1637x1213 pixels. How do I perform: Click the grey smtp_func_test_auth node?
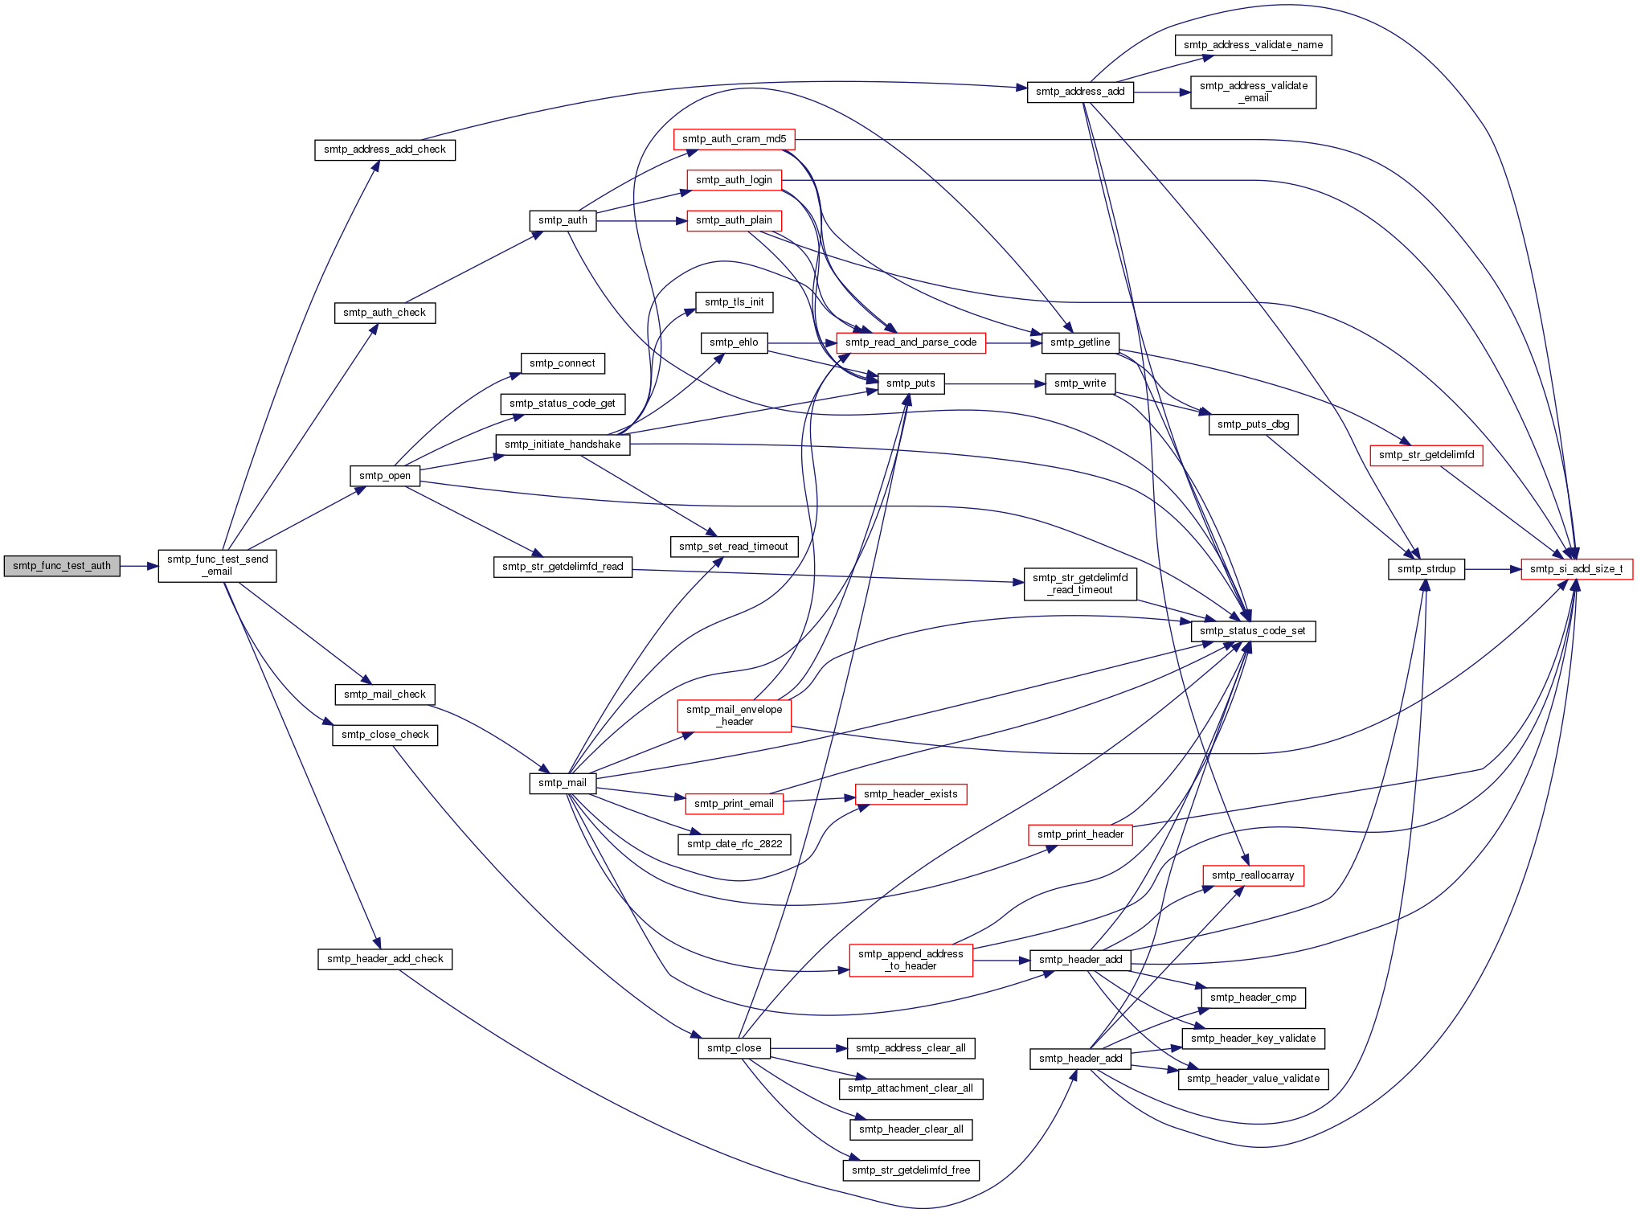(62, 566)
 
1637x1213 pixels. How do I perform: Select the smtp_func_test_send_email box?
(217, 566)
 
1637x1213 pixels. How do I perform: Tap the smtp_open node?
(385, 476)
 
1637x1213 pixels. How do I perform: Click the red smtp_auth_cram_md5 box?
(734, 139)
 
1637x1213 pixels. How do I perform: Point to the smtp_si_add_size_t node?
(1576, 569)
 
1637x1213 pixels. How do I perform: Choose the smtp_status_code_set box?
(1252, 631)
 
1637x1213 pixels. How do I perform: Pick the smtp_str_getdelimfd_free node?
(911, 1170)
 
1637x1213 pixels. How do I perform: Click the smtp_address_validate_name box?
(1253, 45)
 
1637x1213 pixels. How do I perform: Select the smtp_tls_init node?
(734, 302)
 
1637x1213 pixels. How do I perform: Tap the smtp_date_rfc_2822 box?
(734, 844)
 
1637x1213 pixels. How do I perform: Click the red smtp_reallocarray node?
(1252, 875)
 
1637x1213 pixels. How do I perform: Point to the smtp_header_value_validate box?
(1253, 1079)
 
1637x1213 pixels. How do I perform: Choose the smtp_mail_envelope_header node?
(734, 715)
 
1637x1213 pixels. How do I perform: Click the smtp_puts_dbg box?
(1253, 424)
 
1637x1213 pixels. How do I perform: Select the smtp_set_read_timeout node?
(734, 547)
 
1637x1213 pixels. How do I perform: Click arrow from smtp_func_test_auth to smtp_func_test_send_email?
(139, 566)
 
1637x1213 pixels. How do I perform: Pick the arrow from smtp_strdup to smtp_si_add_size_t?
(1492, 569)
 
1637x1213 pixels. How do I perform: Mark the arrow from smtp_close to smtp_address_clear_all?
(808, 1048)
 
